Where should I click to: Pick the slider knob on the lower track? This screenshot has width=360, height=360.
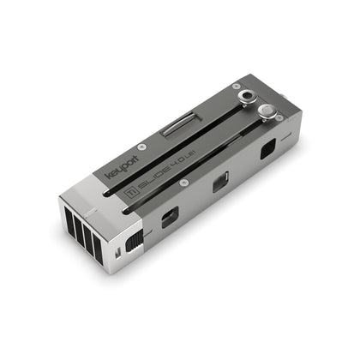click(x=267, y=111)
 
